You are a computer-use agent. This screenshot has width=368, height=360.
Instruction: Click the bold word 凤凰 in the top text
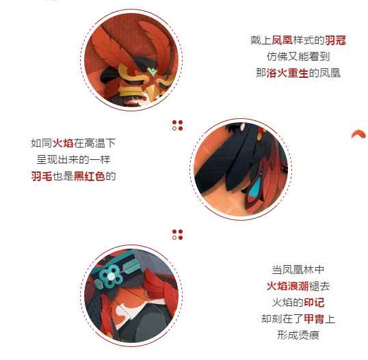(x=282, y=41)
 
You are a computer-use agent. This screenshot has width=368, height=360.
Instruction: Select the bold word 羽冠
(x=335, y=41)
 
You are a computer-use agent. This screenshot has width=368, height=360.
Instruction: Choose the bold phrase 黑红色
(x=90, y=176)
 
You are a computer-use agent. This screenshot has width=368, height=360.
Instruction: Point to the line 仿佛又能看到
(x=298, y=57)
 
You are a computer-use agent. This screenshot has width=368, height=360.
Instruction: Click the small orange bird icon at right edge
(x=357, y=135)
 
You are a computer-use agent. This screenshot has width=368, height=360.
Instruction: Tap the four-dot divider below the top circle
(x=177, y=126)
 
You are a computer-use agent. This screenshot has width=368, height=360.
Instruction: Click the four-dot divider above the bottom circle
(x=177, y=234)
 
